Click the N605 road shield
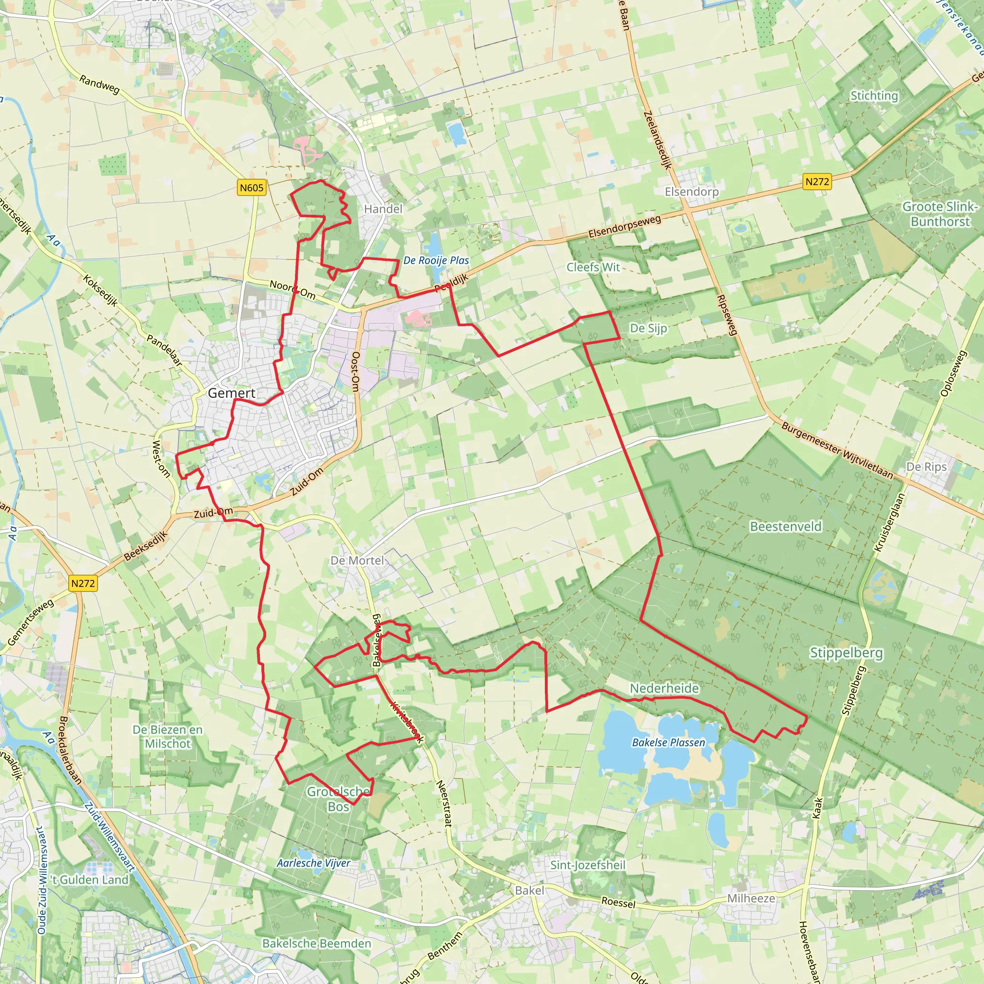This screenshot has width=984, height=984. [252, 187]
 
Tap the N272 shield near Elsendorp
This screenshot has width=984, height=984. [817, 181]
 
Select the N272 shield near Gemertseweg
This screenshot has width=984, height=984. [83, 583]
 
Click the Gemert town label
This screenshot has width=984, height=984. [232, 393]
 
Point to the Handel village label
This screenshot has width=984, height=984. [383, 209]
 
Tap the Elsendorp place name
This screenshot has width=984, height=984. [692, 192]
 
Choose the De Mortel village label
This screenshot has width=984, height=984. [357, 560]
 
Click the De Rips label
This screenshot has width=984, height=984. [926, 467]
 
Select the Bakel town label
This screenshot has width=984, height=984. [529, 890]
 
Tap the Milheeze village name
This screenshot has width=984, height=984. [751, 898]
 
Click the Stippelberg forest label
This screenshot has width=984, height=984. [847, 652]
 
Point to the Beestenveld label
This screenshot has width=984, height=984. [786, 526]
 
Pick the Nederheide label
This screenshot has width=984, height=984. [664, 688]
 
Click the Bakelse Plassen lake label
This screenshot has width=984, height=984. [668, 743]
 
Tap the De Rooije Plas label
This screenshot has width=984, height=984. [436, 260]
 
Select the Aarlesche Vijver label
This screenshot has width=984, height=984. [313, 863]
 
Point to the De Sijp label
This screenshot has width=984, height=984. [648, 328]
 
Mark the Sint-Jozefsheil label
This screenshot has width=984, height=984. [588, 865]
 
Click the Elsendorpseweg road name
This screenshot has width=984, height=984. [625, 227]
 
